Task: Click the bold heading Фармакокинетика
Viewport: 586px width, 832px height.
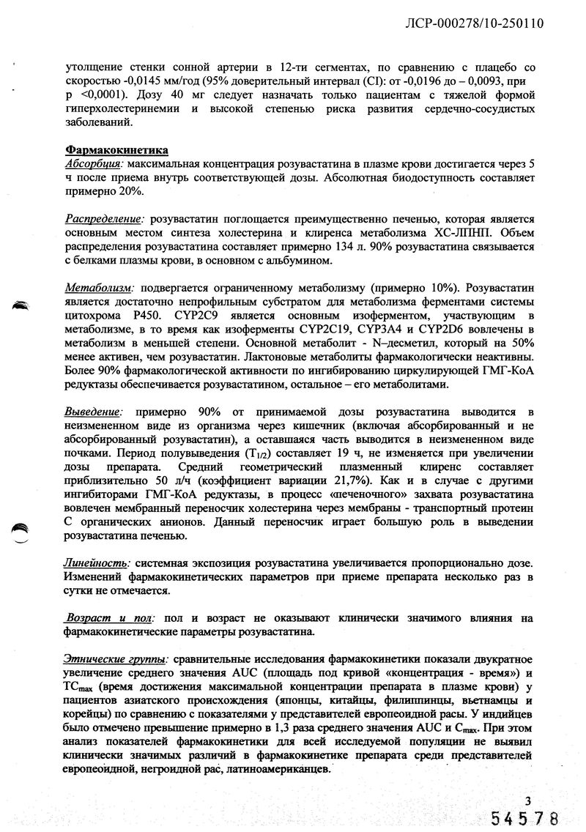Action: coord(117,150)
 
